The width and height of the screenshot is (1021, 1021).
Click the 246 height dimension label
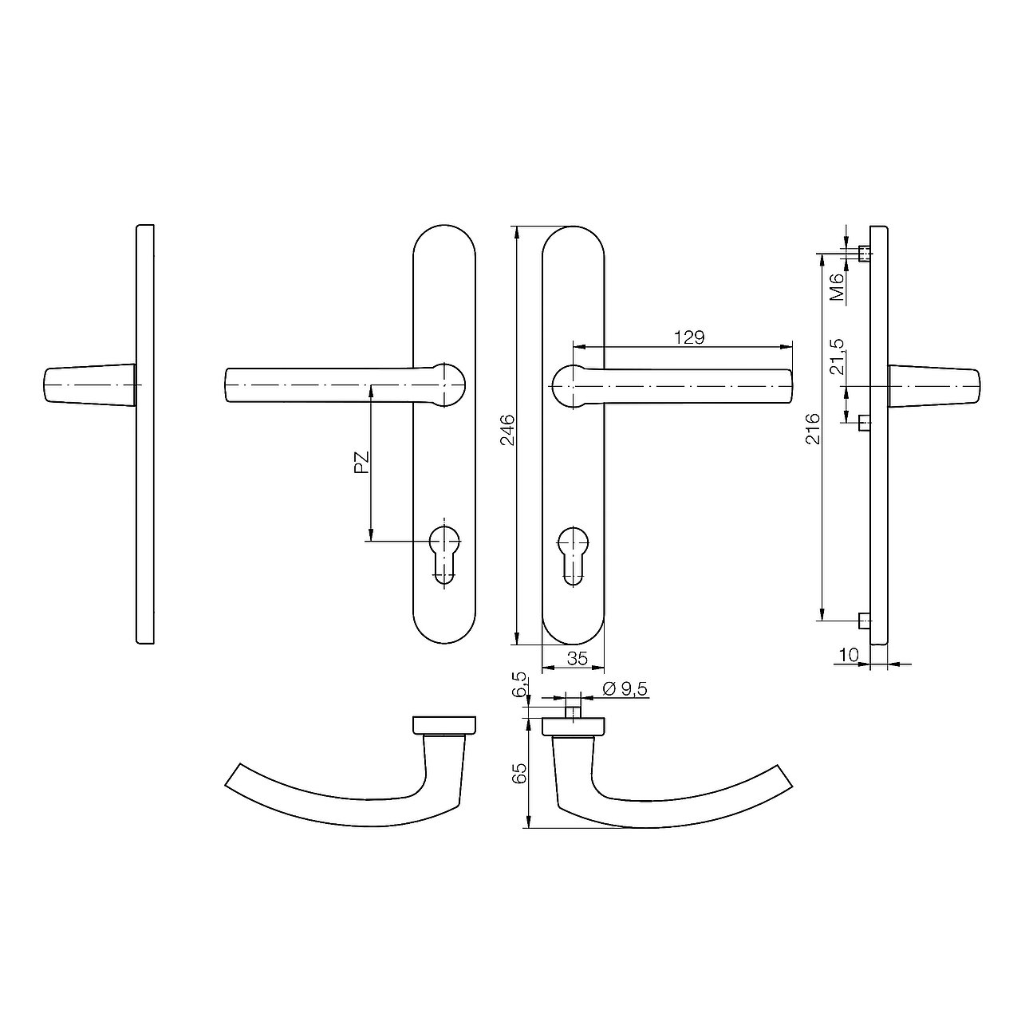pos(507,430)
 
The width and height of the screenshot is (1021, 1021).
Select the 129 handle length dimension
pos(689,337)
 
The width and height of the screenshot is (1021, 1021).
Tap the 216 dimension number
pos(814,428)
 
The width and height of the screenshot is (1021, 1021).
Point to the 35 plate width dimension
pos(577,659)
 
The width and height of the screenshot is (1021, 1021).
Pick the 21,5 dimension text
pos(838,356)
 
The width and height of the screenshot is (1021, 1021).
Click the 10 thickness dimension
pos(848,656)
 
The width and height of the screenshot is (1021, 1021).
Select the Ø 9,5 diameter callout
pos(625,689)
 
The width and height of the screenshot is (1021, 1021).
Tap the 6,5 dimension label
pos(520,684)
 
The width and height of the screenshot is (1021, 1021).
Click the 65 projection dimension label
pos(520,773)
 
